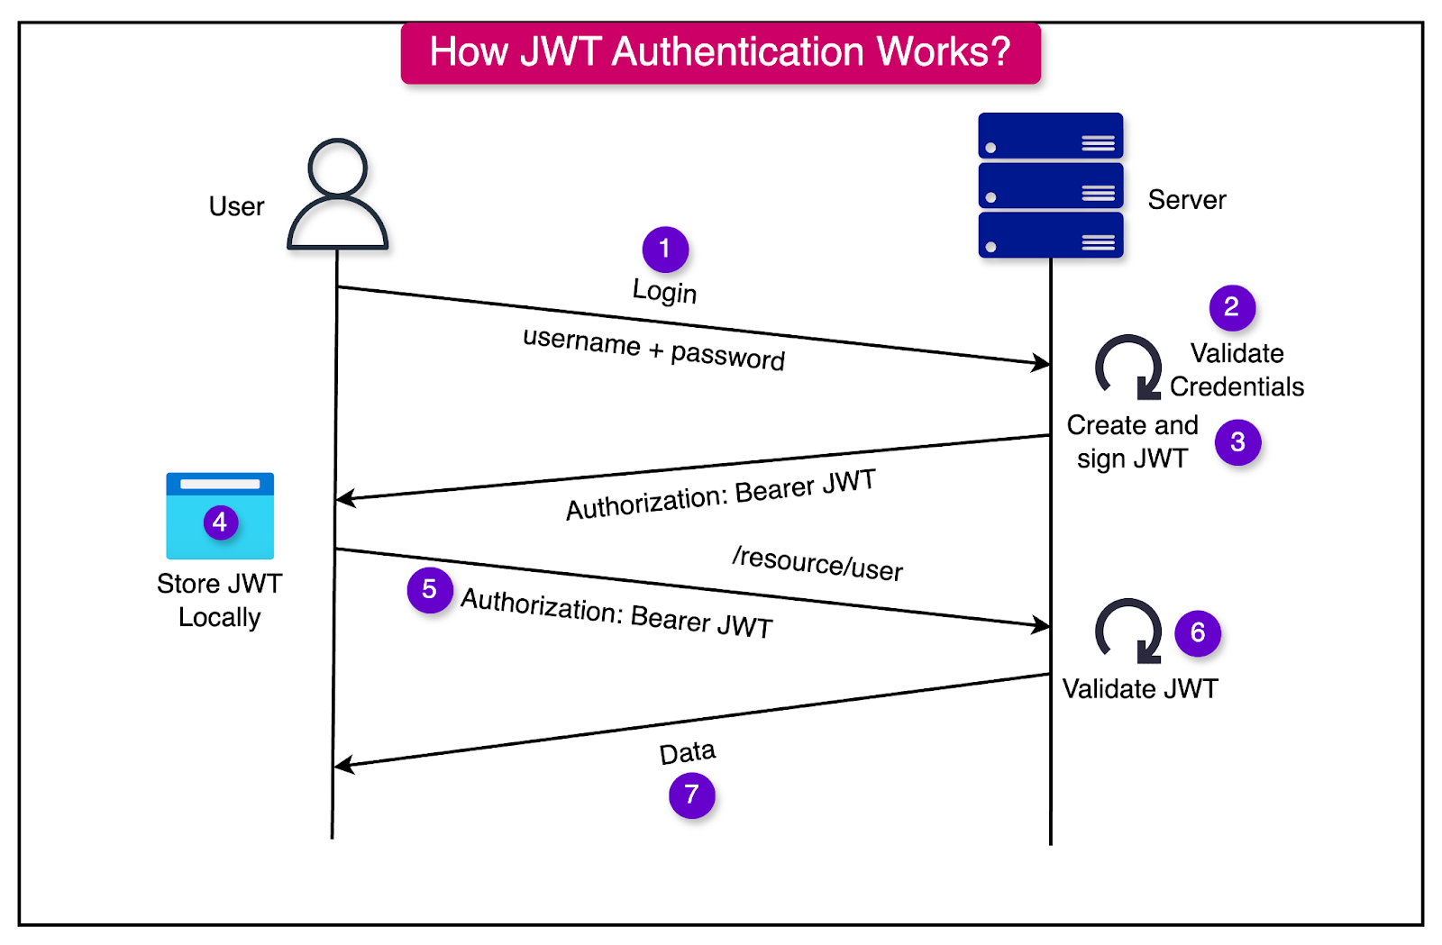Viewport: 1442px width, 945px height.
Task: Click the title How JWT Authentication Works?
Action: (x=720, y=52)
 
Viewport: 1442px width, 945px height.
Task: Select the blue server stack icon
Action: (x=1051, y=186)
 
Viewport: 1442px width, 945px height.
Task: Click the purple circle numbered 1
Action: (x=665, y=249)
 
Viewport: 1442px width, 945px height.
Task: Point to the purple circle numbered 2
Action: (x=1232, y=307)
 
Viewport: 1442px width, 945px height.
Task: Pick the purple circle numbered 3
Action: (x=1237, y=442)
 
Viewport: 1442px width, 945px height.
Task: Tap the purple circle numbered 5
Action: (x=430, y=590)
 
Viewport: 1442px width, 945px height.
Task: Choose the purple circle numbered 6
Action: (x=1198, y=633)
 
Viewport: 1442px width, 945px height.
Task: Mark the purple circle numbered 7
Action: (x=691, y=795)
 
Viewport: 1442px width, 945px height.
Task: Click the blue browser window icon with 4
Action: (x=220, y=516)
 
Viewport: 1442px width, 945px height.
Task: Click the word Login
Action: (x=664, y=292)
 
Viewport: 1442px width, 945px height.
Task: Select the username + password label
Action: (x=653, y=349)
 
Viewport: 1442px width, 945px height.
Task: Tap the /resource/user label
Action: (x=817, y=564)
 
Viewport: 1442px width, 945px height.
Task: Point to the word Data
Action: (x=687, y=753)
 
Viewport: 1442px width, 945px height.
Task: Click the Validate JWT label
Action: (x=1140, y=689)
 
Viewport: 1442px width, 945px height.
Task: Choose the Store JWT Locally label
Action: (x=219, y=600)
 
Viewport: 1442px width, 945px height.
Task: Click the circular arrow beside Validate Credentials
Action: (x=1128, y=368)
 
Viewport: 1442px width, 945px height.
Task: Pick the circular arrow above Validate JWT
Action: (x=1128, y=631)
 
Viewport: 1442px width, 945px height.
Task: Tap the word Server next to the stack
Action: (x=1186, y=200)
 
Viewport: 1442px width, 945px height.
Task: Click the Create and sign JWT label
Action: (x=1132, y=441)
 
